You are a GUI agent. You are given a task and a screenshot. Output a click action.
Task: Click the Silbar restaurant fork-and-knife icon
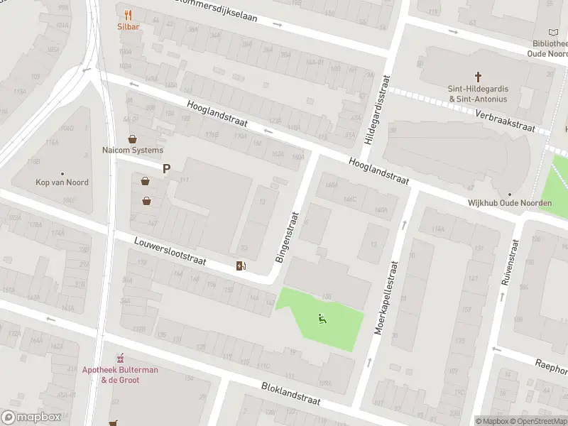128,14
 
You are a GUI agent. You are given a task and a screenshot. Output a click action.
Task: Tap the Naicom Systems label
132,150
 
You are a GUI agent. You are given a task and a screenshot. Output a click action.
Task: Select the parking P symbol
167,168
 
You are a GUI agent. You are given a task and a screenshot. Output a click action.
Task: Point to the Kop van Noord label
62,182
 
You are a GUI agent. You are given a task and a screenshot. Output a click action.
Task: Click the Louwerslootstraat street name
170,252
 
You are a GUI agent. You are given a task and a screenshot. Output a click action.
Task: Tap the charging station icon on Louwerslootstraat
241,266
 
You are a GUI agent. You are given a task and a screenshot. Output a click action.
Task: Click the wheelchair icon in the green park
322,319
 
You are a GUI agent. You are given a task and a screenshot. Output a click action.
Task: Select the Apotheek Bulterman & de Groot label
120,375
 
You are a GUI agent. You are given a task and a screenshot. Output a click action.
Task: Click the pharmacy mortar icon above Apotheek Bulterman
120,357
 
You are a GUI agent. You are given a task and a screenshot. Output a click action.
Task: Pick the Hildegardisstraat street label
377,111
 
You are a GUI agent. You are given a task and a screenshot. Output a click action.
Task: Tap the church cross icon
478,76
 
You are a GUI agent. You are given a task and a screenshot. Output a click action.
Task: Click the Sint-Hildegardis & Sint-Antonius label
478,94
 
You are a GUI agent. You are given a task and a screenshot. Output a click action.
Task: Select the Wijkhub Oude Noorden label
509,203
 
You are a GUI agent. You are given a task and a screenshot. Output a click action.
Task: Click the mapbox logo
30,417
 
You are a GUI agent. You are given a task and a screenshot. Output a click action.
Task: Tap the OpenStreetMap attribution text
537,421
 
